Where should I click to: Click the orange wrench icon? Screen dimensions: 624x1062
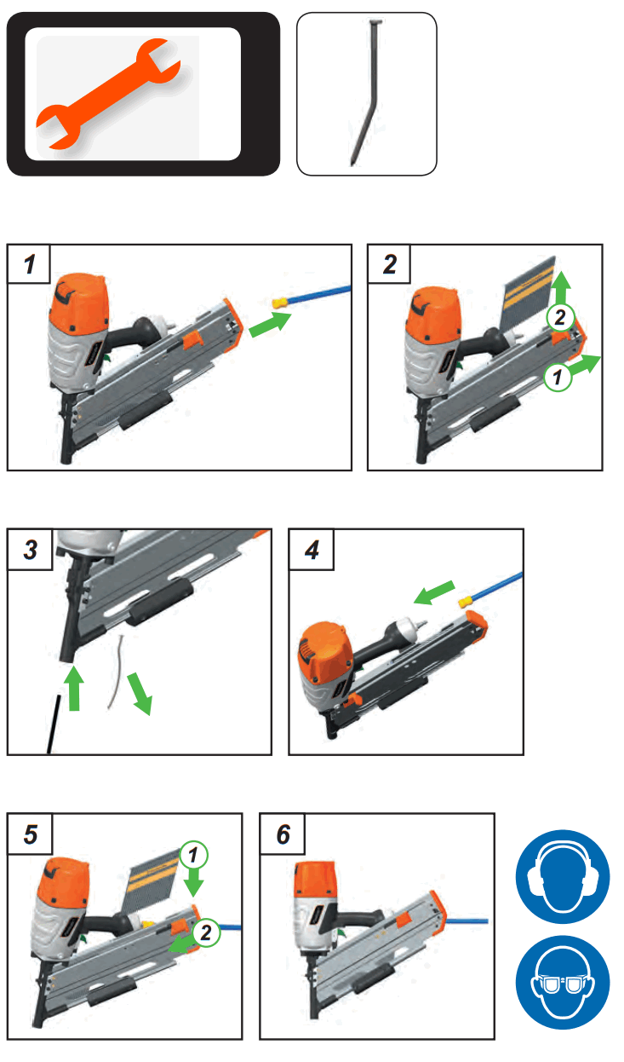(x=108, y=94)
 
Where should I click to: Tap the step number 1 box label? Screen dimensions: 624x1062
(x=29, y=264)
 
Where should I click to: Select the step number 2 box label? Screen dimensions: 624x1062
(x=389, y=264)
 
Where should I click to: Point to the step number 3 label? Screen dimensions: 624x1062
(x=31, y=550)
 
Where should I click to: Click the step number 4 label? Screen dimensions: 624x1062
(x=312, y=550)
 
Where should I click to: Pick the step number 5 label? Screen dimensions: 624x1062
(x=31, y=834)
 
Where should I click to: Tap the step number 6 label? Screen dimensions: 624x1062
(x=283, y=834)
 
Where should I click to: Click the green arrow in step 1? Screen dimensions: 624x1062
(x=270, y=324)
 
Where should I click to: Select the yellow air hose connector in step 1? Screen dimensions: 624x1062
(x=281, y=303)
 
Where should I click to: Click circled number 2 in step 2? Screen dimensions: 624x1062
(x=559, y=317)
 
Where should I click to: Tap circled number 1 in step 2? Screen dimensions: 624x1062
(x=558, y=378)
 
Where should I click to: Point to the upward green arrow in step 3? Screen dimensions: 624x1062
(x=74, y=688)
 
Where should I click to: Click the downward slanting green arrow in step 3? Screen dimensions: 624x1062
(x=140, y=693)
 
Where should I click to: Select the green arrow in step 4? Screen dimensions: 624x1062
(x=434, y=592)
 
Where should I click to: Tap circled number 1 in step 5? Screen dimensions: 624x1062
(x=193, y=855)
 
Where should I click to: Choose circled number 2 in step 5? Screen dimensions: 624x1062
(x=206, y=932)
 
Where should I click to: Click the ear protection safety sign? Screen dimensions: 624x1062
(x=563, y=877)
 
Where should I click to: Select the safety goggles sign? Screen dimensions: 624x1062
(x=563, y=983)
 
